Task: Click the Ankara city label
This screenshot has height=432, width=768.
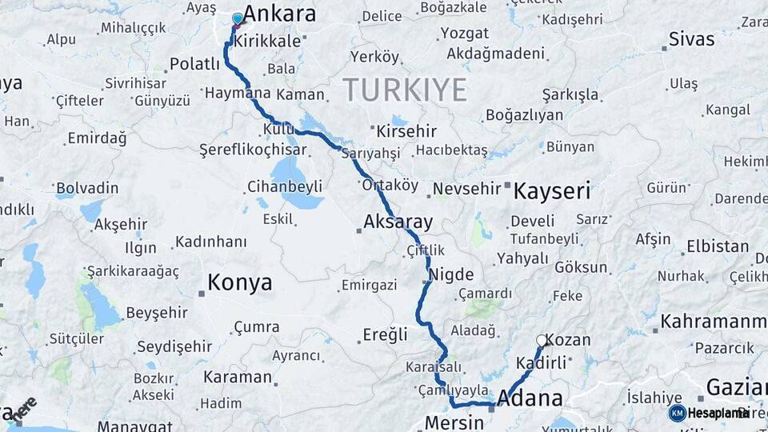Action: click(x=279, y=14)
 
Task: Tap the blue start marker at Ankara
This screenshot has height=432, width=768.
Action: click(x=237, y=18)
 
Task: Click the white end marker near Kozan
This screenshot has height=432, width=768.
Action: click(x=542, y=340)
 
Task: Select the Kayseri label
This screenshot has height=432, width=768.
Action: click(x=551, y=191)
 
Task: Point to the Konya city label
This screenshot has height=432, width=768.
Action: click(x=239, y=282)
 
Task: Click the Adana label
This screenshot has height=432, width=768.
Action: click(x=530, y=398)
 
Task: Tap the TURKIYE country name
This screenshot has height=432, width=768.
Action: click(x=405, y=90)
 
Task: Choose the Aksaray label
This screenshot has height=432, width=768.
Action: click(x=398, y=222)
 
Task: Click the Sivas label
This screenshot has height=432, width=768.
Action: click(x=691, y=38)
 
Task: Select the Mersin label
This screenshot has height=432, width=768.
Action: click(x=454, y=422)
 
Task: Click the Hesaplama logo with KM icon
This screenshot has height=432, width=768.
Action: click(x=708, y=413)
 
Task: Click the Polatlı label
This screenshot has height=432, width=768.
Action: click(x=194, y=64)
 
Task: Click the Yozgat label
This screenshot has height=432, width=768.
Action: click(x=463, y=34)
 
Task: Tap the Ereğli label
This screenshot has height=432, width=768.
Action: click(x=385, y=334)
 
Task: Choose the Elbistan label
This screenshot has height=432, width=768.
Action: click(x=718, y=246)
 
